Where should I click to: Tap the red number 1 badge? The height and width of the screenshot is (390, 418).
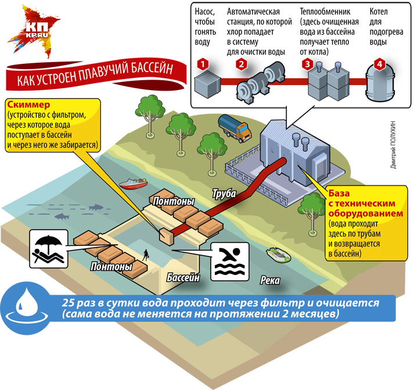[x=201, y=64]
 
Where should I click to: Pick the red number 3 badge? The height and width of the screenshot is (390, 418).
[x=307, y=64]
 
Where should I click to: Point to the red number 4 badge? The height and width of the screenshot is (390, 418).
[x=379, y=64]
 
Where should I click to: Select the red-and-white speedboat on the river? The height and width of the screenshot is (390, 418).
[x=133, y=184]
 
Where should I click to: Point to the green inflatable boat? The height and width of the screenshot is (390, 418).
[x=276, y=253]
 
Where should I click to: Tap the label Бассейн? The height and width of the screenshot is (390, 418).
[x=183, y=277]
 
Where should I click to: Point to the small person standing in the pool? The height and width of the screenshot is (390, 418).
[x=146, y=253]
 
